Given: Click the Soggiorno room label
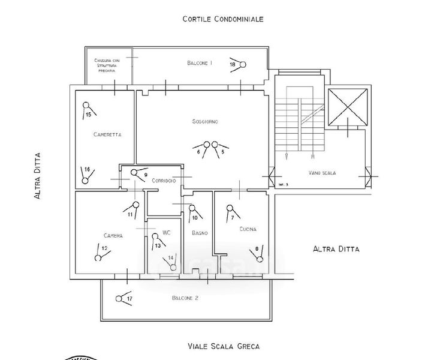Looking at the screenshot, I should (x=205, y=122).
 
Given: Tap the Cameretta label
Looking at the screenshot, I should (x=108, y=135).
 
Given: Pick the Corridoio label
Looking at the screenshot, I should (x=164, y=180).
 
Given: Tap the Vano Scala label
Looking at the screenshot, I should (x=322, y=173).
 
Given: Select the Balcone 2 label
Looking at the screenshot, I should (x=185, y=298).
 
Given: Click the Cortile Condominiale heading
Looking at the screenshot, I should (x=223, y=19).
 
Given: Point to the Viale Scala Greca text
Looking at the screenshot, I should (x=223, y=346).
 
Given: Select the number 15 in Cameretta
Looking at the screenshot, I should (x=89, y=114).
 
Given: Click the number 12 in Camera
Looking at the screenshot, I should (x=104, y=248).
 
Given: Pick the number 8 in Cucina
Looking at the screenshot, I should (x=257, y=248).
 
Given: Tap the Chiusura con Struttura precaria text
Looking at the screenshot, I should (x=108, y=65).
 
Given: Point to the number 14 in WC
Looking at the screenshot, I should (x=171, y=257).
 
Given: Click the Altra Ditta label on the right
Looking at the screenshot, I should (x=336, y=248).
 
